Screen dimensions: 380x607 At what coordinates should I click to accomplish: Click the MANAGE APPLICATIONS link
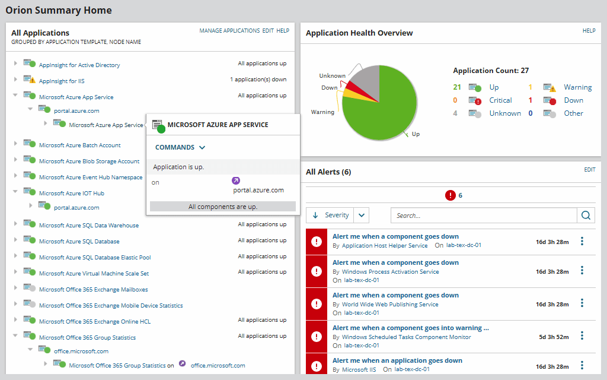pyautogui.click(x=229, y=30)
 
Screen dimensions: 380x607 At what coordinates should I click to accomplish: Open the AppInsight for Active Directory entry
pyautogui.click(x=79, y=65)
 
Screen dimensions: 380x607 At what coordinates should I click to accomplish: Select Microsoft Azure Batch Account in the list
pyautogui.click(x=79, y=145)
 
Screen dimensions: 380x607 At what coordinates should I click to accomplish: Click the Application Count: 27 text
pyautogui.click(x=491, y=71)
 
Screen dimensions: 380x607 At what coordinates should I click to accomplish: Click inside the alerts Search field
pyautogui.click(x=483, y=216)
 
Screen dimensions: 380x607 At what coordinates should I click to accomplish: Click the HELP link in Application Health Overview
pyautogui.click(x=589, y=31)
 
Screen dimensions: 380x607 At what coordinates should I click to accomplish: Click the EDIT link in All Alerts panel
pyautogui.click(x=589, y=170)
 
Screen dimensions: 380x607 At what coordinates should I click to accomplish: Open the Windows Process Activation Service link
pyautogui.click(x=390, y=272)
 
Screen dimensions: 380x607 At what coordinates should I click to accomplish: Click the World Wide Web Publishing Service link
pyautogui.click(x=390, y=305)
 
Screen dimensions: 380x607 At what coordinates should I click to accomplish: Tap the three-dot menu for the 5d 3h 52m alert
pyautogui.click(x=582, y=335)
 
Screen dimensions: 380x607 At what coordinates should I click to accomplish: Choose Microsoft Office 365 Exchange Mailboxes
pyautogui.click(x=93, y=290)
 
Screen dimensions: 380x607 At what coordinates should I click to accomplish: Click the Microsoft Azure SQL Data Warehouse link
pyautogui.click(x=88, y=226)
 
